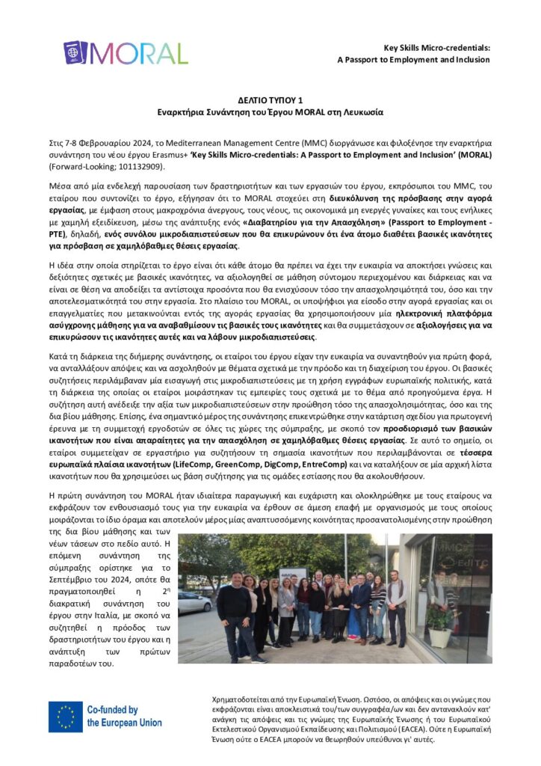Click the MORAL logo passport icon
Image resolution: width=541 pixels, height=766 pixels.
75,53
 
